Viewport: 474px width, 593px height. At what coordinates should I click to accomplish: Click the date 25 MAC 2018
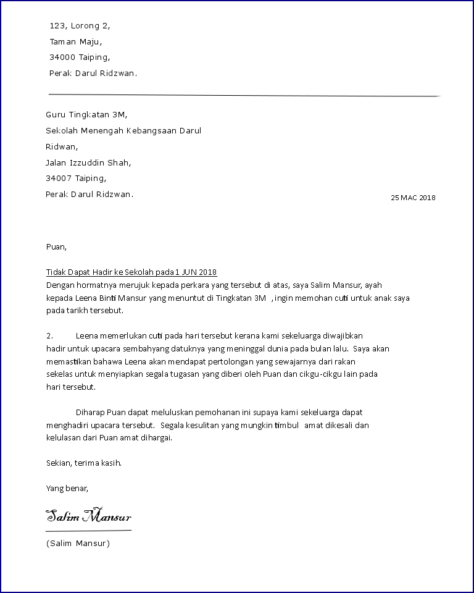(x=413, y=198)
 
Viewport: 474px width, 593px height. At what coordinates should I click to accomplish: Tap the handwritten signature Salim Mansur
(x=88, y=516)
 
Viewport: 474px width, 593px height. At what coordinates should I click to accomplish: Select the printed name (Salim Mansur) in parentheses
(x=78, y=544)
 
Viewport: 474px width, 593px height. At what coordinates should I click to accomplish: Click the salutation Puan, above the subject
(x=56, y=247)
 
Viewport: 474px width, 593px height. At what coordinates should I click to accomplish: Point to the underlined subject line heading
(x=131, y=272)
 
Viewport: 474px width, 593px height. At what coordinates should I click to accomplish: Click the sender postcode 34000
(x=62, y=57)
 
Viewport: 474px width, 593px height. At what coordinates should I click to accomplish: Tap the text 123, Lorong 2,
(x=80, y=26)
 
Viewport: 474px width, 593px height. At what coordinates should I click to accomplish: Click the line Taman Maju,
(x=76, y=42)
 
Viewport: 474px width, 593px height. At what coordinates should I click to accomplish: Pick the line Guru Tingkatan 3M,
(x=86, y=114)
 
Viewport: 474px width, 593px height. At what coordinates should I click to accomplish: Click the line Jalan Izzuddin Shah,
(x=88, y=163)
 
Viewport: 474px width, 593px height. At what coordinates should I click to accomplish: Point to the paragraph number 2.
(x=50, y=336)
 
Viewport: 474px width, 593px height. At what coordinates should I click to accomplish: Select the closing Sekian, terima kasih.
(x=84, y=463)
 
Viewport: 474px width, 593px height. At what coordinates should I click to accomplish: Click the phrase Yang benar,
(x=67, y=488)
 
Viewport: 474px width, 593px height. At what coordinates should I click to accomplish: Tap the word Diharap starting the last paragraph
(x=90, y=412)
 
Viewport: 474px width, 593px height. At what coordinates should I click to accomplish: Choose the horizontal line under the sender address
(x=244, y=95)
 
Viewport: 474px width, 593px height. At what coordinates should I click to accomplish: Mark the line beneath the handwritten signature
(x=88, y=531)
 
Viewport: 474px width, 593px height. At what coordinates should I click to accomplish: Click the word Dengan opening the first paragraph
(x=59, y=285)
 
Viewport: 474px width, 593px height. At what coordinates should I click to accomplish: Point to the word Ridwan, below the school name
(x=62, y=147)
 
